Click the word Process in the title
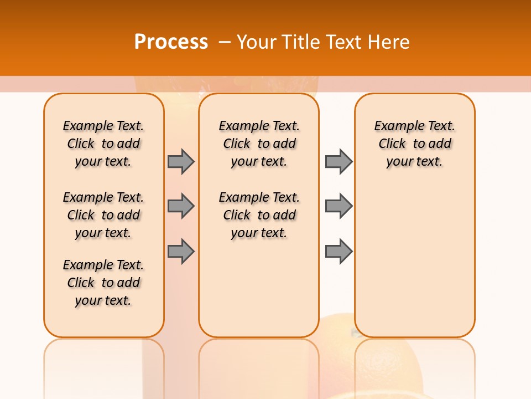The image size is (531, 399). pyautogui.click(x=171, y=42)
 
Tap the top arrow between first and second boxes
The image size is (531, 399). pyautogui.click(x=181, y=161)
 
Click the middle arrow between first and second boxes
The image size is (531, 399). pyautogui.click(x=181, y=206)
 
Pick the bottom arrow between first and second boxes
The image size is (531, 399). pyautogui.click(x=181, y=252)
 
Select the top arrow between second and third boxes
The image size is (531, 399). pyautogui.click(x=339, y=161)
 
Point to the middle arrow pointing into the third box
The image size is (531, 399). pyautogui.click(x=339, y=206)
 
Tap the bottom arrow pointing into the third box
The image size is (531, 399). pyautogui.click(x=339, y=252)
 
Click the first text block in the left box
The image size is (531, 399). pyautogui.click(x=103, y=144)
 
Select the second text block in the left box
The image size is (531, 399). pyautogui.click(x=103, y=215)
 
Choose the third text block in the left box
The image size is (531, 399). pyautogui.click(x=103, y=283)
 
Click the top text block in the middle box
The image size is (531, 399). pyautogui.click(x=259, y=144)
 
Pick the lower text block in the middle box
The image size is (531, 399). pyautogui.click(x=259, y=215)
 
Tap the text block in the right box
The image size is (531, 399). pyautogui.click(x=415, y=144)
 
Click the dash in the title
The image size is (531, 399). pyautogui.click(x=224, y=42)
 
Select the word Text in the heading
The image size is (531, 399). pyautogui.click(x=345, y=42)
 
